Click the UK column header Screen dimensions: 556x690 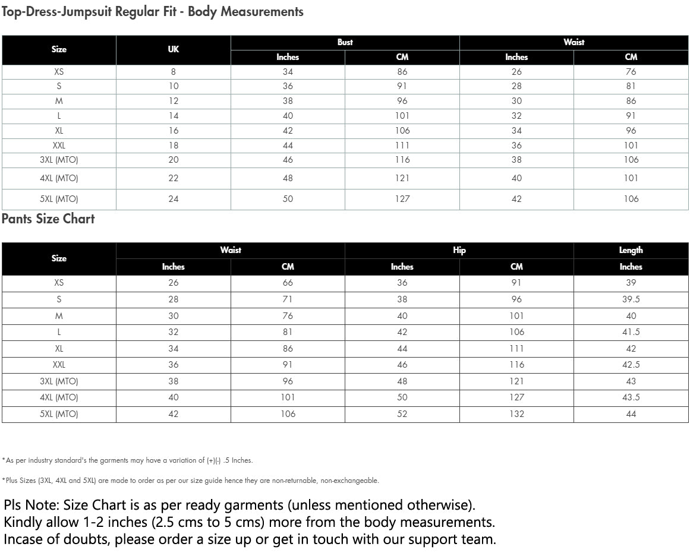(x=173, y=49)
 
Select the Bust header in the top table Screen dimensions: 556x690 (x=345, y=42)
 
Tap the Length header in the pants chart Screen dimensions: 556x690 (x=631, y=250)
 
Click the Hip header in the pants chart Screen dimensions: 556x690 (x=459, y=250)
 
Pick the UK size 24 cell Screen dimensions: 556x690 (x=173, y=199)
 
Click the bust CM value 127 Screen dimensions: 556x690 (x=402, y=199)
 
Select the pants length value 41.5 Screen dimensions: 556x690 (x=631, y=332)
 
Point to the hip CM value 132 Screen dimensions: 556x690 (x=516, y=414)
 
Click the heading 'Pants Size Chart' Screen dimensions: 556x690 (x=48, y=219)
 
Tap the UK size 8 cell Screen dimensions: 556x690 (x=173, y=72)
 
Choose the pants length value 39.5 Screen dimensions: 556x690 (x=631, y=299)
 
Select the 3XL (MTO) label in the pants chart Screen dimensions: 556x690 (x=59, y=381)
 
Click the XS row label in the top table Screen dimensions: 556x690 (x=59, y=72)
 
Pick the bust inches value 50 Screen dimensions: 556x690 (x=288, y=199)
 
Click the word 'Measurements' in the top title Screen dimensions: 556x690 (x=262, y=12)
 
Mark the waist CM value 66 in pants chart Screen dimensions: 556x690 (x=288, y=283)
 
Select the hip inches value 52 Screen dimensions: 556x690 (x=402, y=414)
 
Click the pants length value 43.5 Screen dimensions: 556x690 (x=631, y=397)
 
